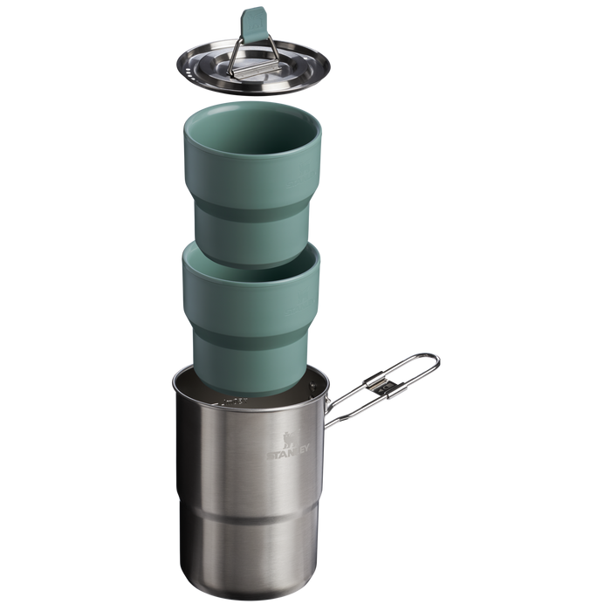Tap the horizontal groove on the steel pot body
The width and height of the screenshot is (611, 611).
point(253,517)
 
